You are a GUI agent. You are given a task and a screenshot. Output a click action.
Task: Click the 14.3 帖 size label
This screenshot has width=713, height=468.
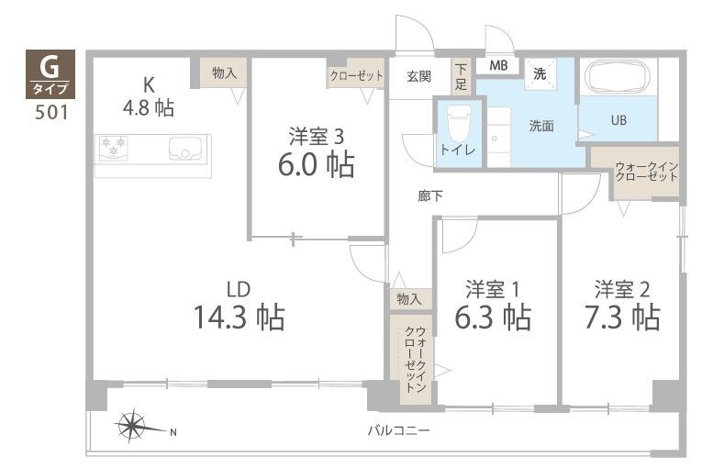tap(239, 318)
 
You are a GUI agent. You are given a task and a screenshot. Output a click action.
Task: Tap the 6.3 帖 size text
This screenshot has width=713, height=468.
tap(494, 318)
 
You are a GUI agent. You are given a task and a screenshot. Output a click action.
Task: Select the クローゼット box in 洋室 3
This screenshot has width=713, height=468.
tap(356, 76)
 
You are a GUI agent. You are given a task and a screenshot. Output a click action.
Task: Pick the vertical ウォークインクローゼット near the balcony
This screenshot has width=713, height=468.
tap(409, 359)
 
